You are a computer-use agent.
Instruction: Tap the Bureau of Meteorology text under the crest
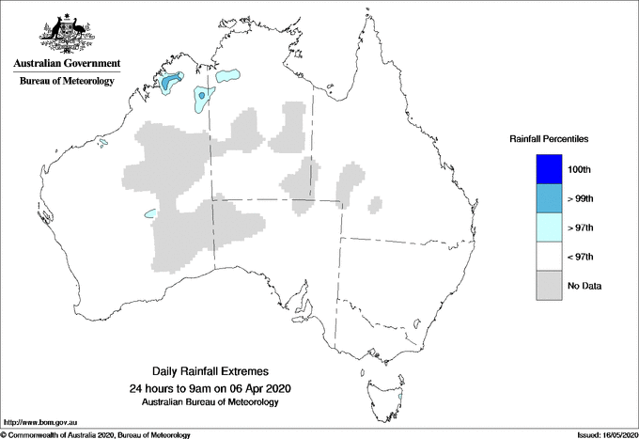[66, 81]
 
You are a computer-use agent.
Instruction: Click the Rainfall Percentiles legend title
[549, 138]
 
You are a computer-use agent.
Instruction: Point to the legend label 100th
[580, 170]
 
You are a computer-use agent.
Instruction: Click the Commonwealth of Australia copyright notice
[96, 434]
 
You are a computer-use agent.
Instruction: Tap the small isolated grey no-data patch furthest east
[375, 204]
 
